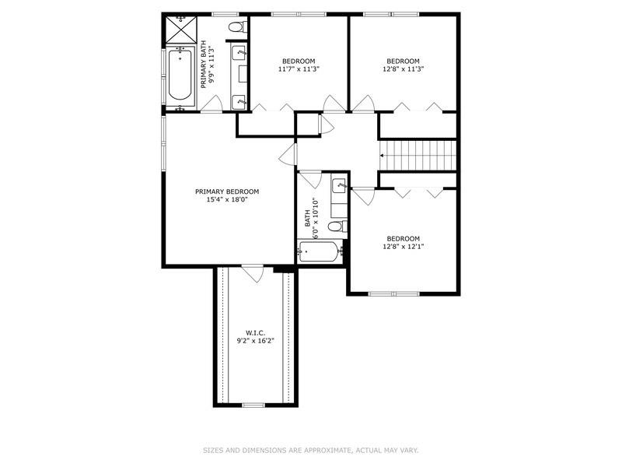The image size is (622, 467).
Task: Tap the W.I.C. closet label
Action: point(256,332)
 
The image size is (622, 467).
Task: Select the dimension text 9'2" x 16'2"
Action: point(256,341)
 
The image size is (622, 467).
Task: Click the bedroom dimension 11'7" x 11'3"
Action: point(299,69)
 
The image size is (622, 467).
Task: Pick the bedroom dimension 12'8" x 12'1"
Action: point(403,247)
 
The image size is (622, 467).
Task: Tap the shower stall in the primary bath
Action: point(179,30)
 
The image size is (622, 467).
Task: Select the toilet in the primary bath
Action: point(236,28)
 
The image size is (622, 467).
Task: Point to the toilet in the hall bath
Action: point(336,226)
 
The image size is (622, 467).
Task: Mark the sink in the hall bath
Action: point(339,186)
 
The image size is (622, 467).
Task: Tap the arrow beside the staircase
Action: point(382,156)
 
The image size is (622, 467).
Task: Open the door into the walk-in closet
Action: point(251,272)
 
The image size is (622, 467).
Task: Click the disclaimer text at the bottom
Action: point(310,449)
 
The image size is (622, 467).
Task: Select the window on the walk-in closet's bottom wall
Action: point(253,405)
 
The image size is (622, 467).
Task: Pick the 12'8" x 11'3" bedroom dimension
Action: point(403,69)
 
